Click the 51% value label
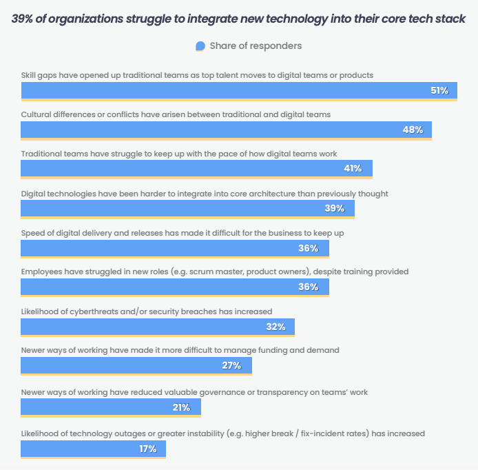point(439,91)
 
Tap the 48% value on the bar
point(413,130)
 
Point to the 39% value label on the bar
point(335,208)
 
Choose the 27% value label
point(231,365)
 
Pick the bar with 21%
point(111,407)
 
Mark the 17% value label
point(147,449)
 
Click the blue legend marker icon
point(200,46)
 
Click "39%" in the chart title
point(25,19)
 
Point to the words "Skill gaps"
point(39,74)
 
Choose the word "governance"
point(209,392)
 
